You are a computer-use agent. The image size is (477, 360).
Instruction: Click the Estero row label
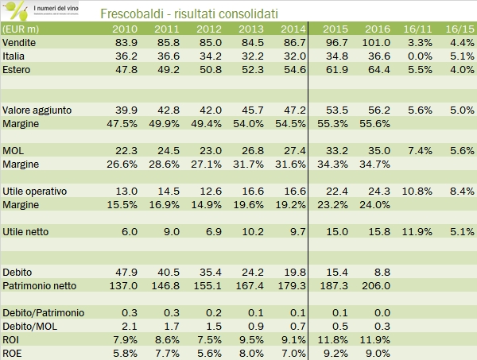coord(17,69)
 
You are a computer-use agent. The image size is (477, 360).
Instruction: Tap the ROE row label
coord(13,354)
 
